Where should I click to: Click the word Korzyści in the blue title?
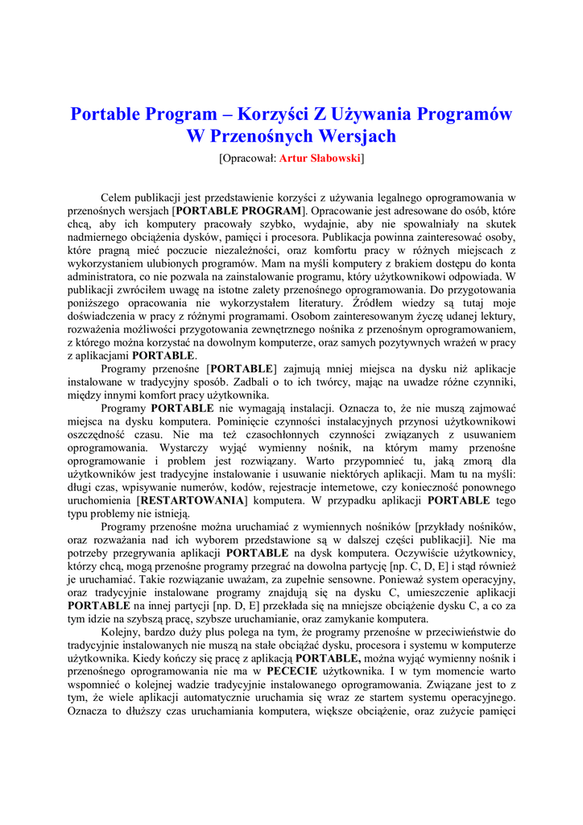(263, 114)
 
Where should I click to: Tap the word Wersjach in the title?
(358, 135)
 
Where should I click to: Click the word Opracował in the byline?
(248, 158)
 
